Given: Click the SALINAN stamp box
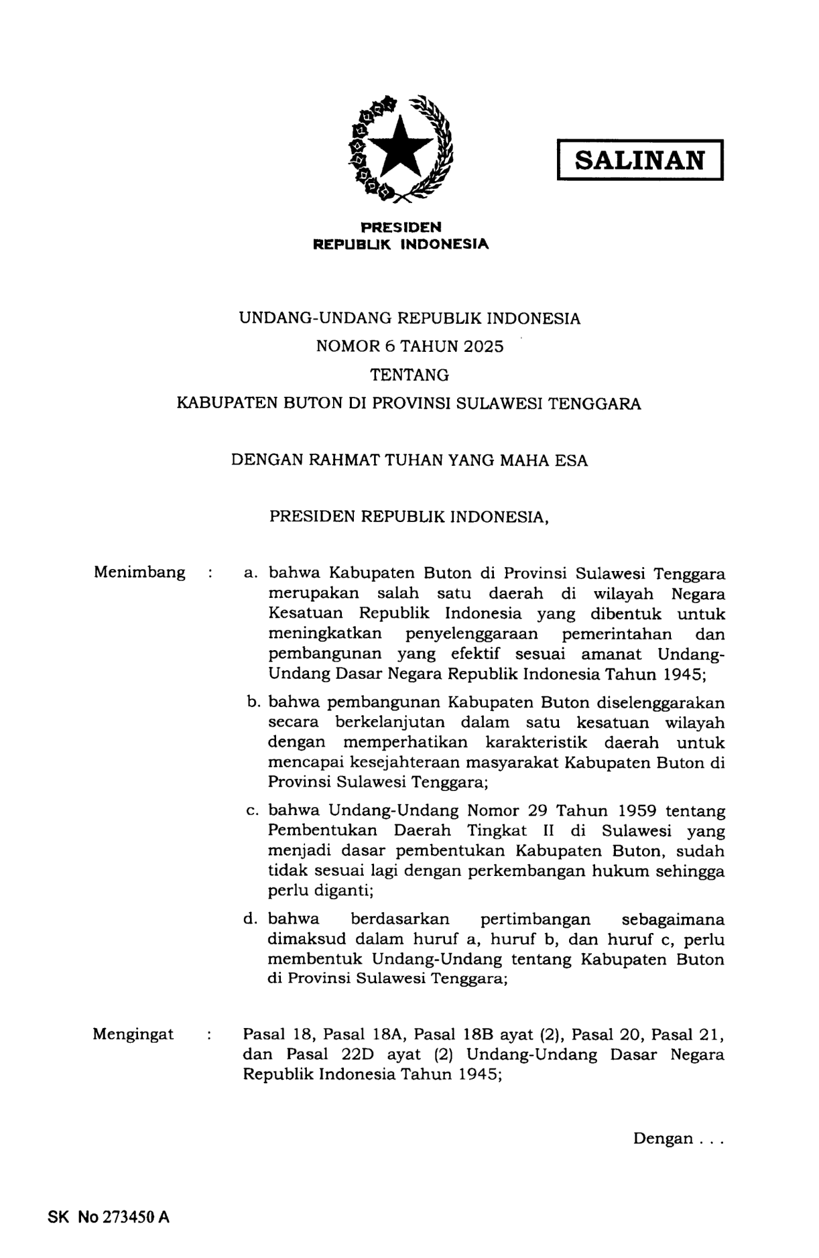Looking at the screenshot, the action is (x=640, y=160).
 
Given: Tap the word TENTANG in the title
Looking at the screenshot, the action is (x=409, y=375).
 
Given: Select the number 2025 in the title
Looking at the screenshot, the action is (x=481, y=347).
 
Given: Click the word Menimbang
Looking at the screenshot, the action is (x=139, y=572).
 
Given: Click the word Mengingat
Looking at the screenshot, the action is (x=133, y=1034).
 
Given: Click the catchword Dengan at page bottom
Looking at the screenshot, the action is (x=663, y=1139).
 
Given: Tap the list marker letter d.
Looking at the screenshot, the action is (x=250, y=919).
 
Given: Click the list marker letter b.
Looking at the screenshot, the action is (x=252, y=702).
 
